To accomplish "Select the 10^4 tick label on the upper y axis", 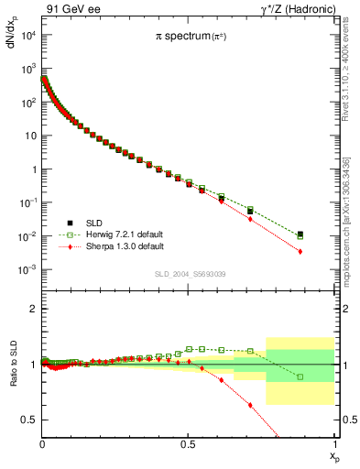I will (27, 35).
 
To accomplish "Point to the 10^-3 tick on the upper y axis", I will (27, 269).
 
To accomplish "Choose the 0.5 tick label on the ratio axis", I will (29, 420).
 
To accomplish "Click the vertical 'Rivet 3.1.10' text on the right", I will (352, 69).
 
